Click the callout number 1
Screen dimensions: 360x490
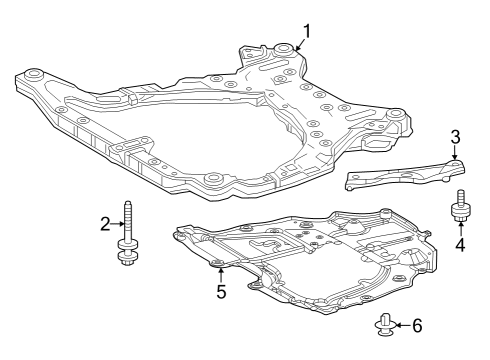tap(308, 30)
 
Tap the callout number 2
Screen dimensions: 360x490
tap(105, 225)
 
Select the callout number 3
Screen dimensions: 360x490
tap(455, 137)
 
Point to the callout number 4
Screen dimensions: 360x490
tap(461, 243)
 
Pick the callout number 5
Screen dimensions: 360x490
tap(221, 293)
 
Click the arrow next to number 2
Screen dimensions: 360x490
tap(118, 225)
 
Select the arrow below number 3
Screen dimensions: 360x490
tap(455, 153)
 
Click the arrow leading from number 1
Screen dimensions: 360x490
tap(297, 40)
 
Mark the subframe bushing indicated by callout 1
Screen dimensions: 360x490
tap(285, 49)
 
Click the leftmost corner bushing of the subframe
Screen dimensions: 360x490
tap(33, 73)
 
